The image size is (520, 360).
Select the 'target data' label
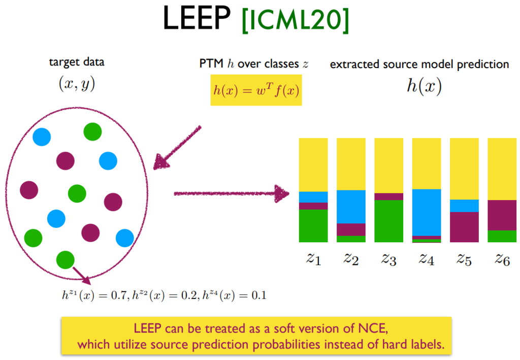77,62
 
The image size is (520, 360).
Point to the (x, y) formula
77,84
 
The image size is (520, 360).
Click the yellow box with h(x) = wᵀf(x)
256,90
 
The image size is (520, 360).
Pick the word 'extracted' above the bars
350,64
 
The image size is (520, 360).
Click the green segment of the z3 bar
388,221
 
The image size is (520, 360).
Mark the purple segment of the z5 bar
464,226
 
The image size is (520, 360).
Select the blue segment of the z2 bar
351,207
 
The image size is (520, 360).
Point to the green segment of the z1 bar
313,225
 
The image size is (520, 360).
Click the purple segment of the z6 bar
502,215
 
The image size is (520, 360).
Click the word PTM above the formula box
209,64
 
